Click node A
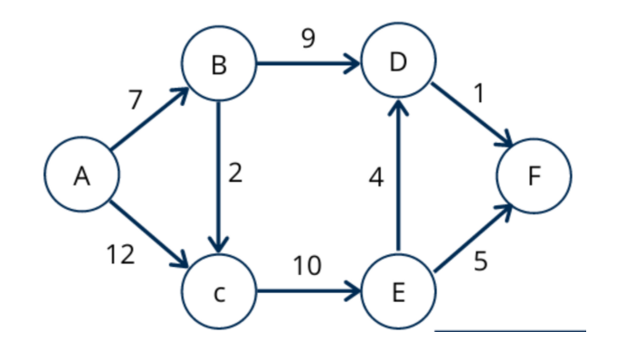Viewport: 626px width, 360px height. (81, 177)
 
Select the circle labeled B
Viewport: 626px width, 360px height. (217, 65)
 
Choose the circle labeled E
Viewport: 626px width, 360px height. (398, 293)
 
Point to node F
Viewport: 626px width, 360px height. (534, 177)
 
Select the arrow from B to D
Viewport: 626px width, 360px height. (308, 65)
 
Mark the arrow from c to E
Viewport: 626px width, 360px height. (308, 293)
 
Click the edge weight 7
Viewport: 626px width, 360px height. (135, 100)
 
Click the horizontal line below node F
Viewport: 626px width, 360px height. (510, 331)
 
